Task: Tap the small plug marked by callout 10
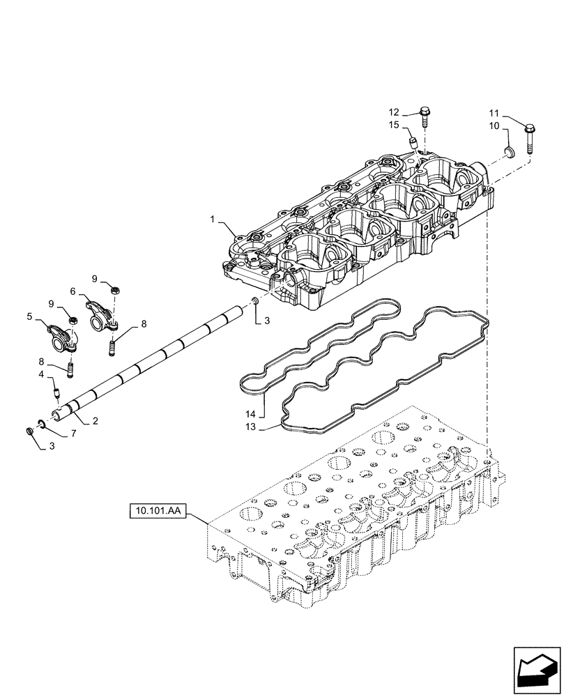pyautogui.click(x=508, y=152)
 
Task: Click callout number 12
pyautogui.click(x=395, y=112)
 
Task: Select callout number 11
pyautogui.click(x=494, y=114)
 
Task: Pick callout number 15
pyautogui.click(x=395, y=125)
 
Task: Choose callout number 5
pyautogui.click(x=30, y=317)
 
